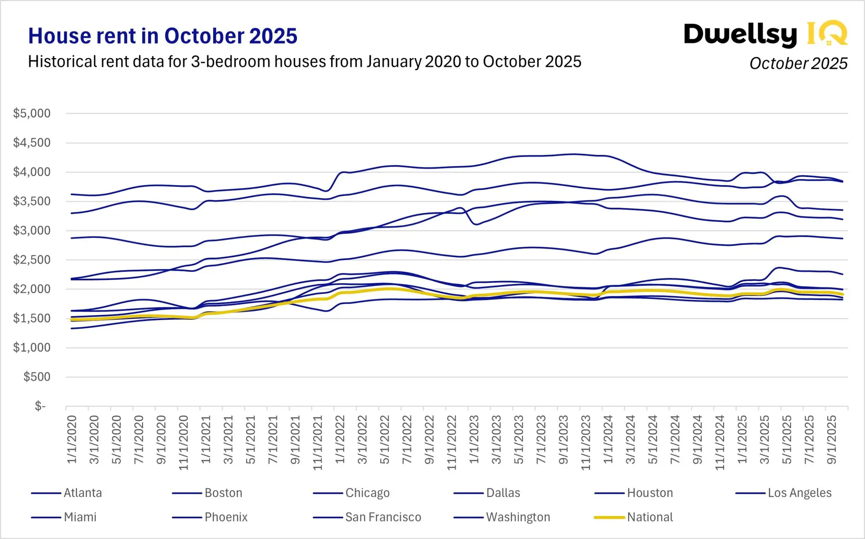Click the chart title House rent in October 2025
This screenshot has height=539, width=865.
click(163, 36)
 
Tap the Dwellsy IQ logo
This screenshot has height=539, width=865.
click(765, 34)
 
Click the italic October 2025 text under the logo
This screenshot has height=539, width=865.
click(798, 63)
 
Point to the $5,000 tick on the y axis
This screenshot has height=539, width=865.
click(32, 113)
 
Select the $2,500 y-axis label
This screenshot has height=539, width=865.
click(32, 260)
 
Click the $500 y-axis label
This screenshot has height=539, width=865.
click(36, 377)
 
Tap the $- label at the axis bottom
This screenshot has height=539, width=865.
click(40, 406)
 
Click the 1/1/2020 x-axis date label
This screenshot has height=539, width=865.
click(72, 439)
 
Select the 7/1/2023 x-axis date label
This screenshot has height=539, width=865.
click(541, 439)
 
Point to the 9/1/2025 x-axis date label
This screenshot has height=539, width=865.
click(832, 439)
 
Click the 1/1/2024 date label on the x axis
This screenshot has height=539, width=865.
click(608, 439)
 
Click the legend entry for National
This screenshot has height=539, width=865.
click(650, 517)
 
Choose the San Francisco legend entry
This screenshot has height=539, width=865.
click(383, 517)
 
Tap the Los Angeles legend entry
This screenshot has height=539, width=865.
click(799, 493)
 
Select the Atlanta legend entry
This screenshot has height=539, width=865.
click(83, 493)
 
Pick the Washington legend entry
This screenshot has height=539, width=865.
click(518, 517)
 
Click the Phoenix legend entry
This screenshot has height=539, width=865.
click(226, 517)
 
